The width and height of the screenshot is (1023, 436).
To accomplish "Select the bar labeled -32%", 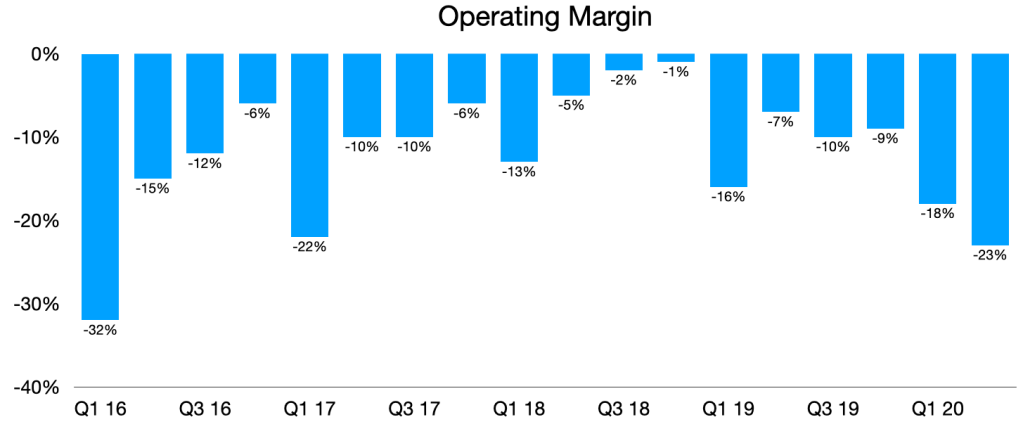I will tap(100, 186).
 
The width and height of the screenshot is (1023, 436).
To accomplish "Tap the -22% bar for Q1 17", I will tap(309, 145).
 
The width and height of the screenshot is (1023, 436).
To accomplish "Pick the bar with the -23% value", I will tap(989, 149).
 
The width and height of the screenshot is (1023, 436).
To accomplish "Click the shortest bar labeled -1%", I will tap(675, 58).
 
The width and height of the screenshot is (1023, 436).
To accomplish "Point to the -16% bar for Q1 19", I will tap(728, 120).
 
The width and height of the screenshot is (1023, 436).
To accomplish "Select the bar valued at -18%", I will tap(937, 128).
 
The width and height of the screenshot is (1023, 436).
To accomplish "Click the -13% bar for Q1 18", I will tap(519, 107).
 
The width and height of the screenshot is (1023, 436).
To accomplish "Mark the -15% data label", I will tap(152, 188).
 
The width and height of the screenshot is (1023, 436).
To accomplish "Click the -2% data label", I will tap(623, 80).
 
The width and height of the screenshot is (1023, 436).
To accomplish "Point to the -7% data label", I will tap(780, 122).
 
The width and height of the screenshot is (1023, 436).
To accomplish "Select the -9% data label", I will tap(885, 139).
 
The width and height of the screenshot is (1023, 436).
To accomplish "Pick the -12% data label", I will tap(204, 163).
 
